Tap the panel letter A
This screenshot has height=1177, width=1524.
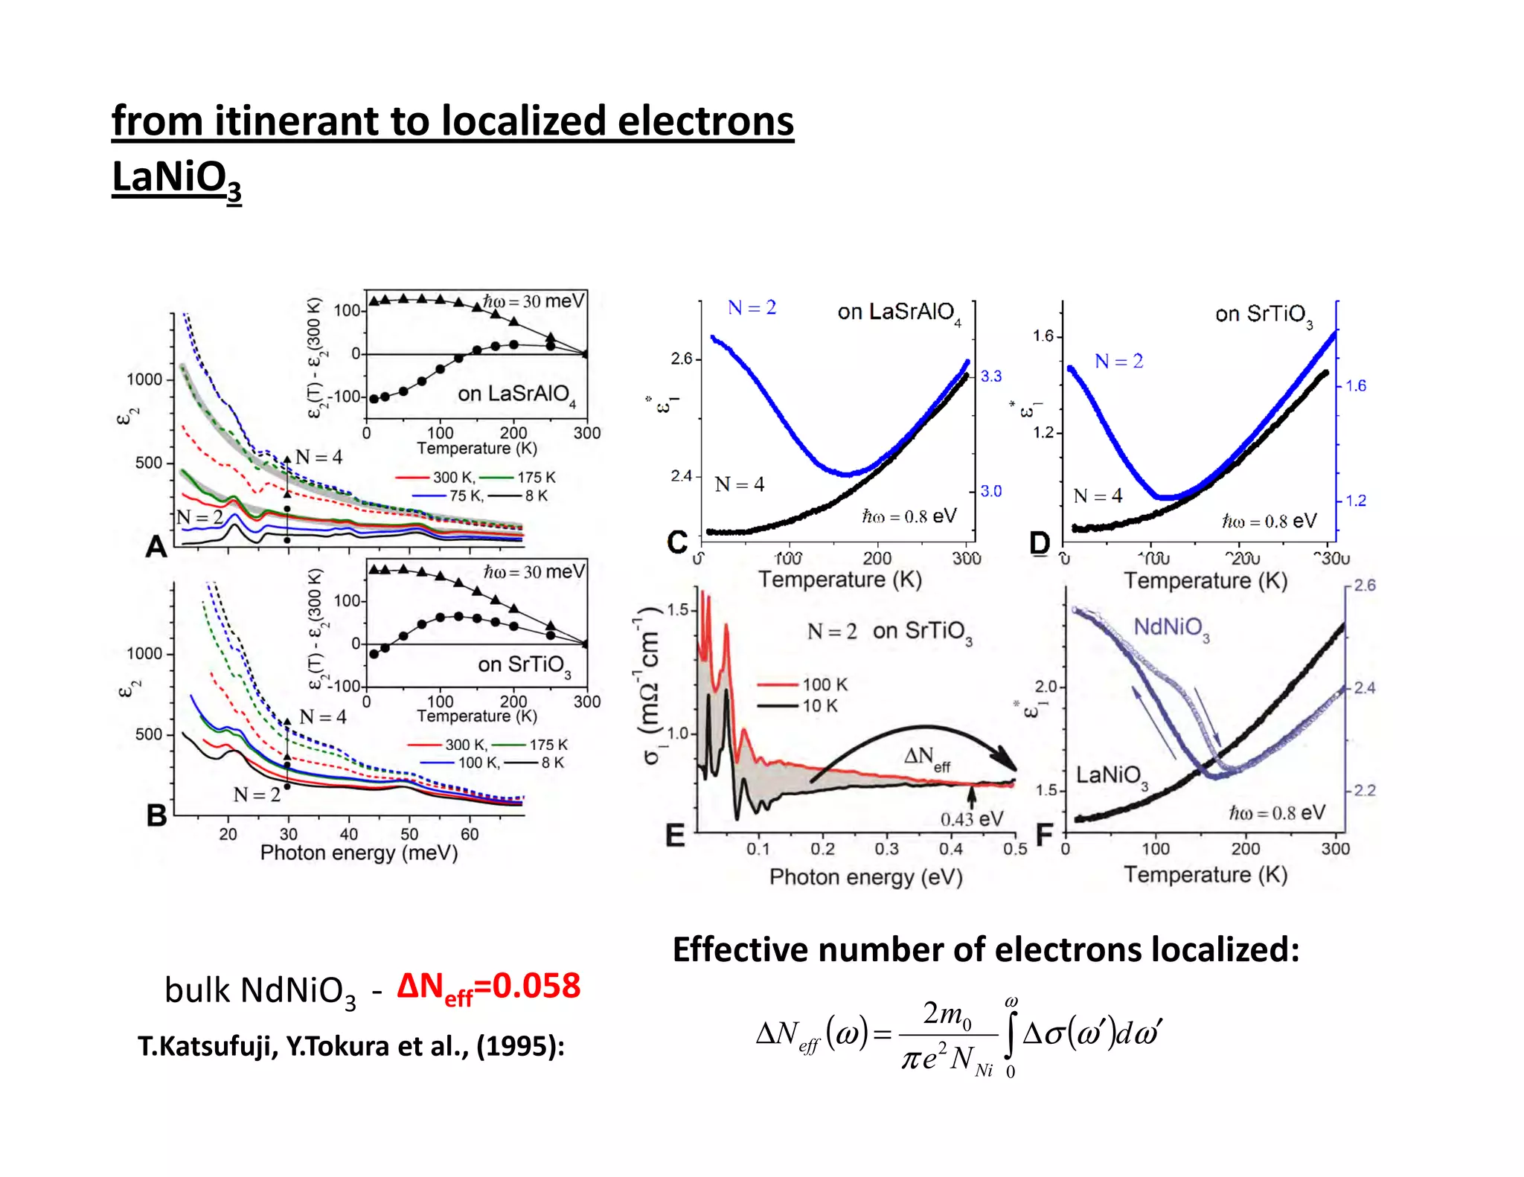coord(156,547)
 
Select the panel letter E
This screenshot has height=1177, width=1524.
coord(675,836)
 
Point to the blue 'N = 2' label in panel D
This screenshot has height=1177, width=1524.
coord(1118,362)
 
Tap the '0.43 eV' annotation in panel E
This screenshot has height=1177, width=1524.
coord(972,819)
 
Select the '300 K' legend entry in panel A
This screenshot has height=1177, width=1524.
coord(453,478)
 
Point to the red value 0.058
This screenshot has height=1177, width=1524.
coord(536,987)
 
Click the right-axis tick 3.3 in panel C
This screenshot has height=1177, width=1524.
coord(990,376)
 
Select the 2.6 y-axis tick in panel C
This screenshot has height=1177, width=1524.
coord(681,359)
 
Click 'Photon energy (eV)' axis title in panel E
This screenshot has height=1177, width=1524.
coord(865,877)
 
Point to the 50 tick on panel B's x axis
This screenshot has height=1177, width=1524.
coord(409,835)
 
